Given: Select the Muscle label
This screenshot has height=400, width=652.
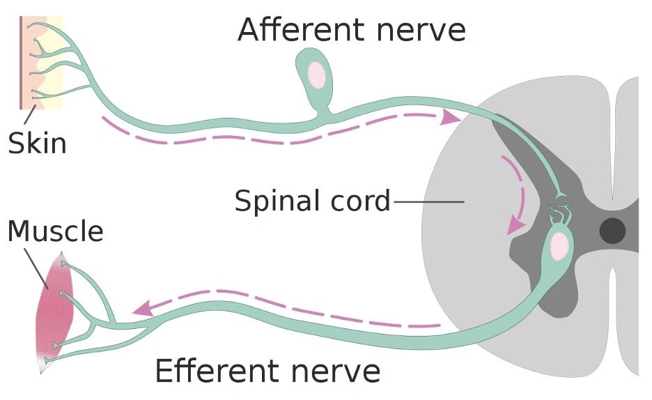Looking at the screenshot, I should point(55,231).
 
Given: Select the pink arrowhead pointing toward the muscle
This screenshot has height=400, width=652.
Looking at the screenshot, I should point(142,307).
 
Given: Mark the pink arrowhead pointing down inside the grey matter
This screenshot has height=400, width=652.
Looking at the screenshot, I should point(515,224).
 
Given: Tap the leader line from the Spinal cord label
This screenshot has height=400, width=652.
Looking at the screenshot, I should point(428,202).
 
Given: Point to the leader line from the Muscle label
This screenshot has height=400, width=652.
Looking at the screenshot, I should point(38,269).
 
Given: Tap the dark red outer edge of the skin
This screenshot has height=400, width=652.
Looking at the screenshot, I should point(21,63).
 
